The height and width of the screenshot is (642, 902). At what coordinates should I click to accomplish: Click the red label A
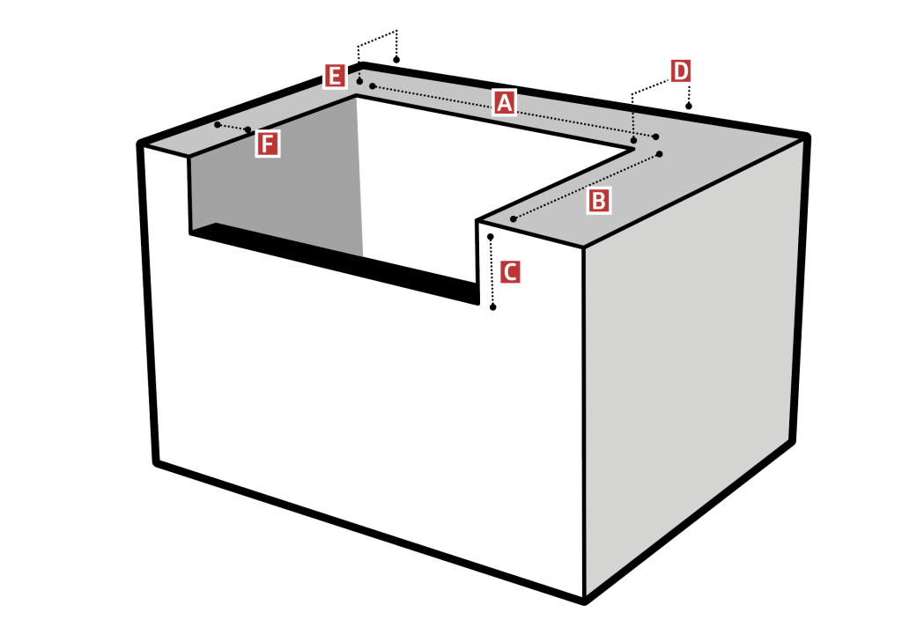coord(504,103)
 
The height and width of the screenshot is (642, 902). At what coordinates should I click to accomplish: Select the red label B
coord(598,202)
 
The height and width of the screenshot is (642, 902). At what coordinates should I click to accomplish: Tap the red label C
coord(510,271)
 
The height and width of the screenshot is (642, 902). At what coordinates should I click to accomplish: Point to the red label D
coord(681,72)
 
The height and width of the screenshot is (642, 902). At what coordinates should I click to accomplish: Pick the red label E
coord(335,76)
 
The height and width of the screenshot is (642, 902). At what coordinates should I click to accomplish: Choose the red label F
coord(268,144)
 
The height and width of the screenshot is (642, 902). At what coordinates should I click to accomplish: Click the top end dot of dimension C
coord(490,237)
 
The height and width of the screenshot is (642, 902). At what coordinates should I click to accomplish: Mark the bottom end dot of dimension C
coord(493,307)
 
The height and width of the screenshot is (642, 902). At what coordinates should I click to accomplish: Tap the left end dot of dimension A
coord(373,86)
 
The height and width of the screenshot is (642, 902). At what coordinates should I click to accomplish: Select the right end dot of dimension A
coord(655,137)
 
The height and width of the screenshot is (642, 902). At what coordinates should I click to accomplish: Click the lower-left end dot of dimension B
coord(514,219)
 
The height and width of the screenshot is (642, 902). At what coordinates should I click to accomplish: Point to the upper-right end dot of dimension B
coord(659,154)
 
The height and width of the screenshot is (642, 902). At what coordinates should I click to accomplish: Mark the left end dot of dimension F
coord(218,125)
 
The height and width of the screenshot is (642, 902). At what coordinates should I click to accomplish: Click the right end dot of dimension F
coord(248,130)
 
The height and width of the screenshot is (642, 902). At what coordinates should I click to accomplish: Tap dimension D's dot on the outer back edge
coord(689,106)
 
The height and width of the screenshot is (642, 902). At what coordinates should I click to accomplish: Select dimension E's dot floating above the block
coord(396,60)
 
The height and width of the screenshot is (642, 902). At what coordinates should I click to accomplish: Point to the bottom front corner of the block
coord(585,601)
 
